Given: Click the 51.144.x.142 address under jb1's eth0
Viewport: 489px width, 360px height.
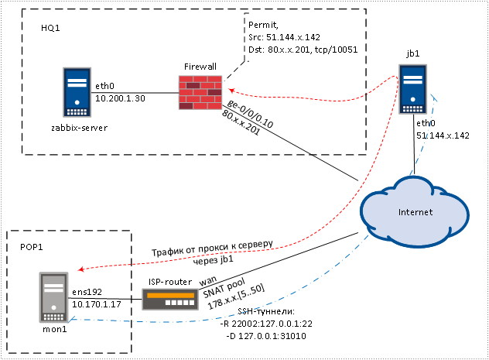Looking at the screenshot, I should tap(443, 135).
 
